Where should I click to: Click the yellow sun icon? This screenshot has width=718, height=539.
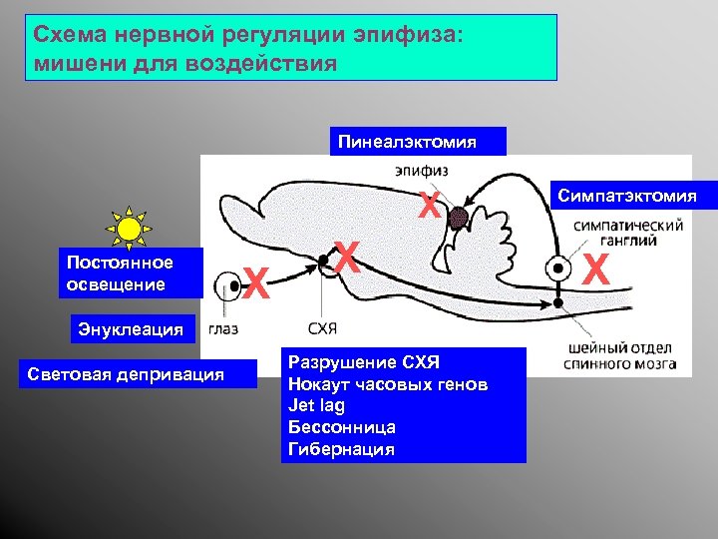[129, 229]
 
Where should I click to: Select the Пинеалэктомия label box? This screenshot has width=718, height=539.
[420, 141]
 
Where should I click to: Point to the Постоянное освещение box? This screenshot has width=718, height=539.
[131, 273]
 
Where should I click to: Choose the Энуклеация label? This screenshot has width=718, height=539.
[133, 329]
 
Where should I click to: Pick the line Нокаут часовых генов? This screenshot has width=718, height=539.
[387, 383]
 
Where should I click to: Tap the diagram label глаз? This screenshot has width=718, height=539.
[225, 329]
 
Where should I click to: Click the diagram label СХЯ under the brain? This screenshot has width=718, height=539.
[323, 329]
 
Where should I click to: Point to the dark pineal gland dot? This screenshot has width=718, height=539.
[458, 217]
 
